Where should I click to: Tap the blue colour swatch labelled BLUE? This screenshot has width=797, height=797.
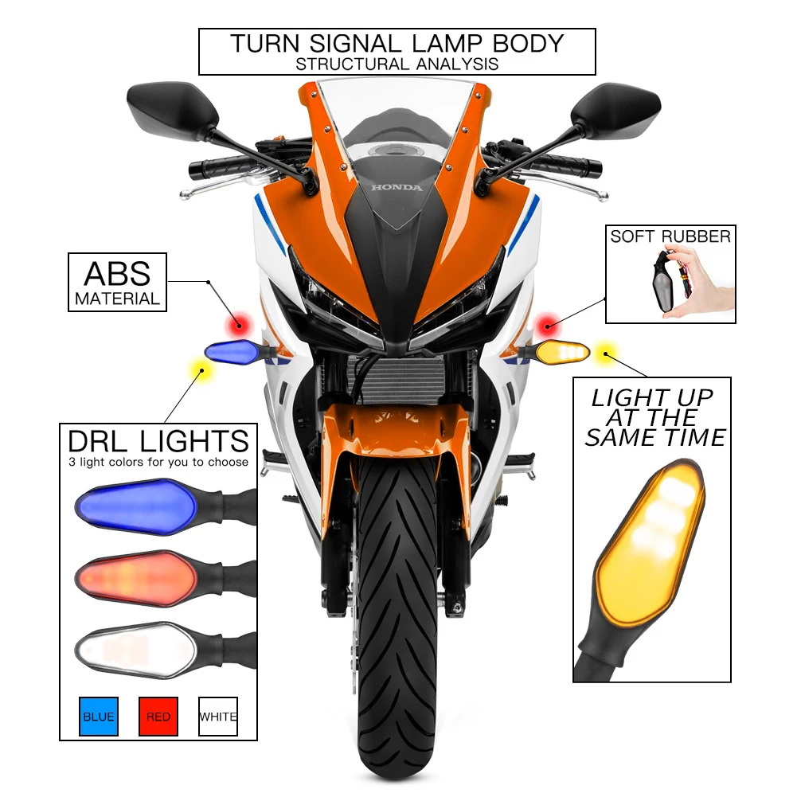(99, 717)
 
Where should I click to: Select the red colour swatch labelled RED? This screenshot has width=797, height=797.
(158, 717)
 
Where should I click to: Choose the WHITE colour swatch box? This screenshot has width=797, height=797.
(217, 717)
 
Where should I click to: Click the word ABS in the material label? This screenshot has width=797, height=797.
(117, 274)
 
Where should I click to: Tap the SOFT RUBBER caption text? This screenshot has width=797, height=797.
(670, 236)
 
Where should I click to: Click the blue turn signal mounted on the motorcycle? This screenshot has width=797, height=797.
(232, 350)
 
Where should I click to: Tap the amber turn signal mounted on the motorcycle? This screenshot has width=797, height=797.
(561, 350)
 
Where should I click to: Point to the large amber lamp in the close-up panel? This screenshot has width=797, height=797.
(649, 549)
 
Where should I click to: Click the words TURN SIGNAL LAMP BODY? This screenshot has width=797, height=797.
(397, 43)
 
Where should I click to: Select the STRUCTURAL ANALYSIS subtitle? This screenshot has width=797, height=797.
(397, 64)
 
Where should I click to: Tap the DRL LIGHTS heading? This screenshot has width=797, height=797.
(158, 441)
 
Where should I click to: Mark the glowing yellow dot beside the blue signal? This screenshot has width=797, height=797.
(198, 369)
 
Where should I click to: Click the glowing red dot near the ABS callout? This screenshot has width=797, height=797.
(236, 324)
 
